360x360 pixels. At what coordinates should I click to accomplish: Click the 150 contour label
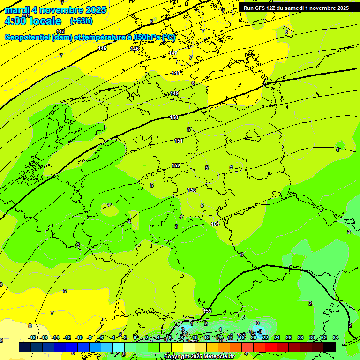tap(174, 117)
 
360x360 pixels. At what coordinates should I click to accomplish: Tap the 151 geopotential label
tap(179, 141)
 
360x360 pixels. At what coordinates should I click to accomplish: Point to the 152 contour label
tap(176, 165)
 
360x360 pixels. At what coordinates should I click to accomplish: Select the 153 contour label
tap(192, 190)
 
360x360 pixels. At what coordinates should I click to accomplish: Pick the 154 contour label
tap(215, 224)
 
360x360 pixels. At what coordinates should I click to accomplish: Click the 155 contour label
tap(207, 311)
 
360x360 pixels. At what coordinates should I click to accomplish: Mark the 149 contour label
tap(174, 94)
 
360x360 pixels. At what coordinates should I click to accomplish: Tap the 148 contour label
tap(176, 73)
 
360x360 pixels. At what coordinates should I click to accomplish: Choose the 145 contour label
tap(102, 49)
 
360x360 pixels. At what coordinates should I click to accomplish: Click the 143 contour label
tap(60, 31)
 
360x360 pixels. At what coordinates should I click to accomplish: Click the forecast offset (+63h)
tap(81, 21)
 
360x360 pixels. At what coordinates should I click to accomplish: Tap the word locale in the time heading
tap(45, 21)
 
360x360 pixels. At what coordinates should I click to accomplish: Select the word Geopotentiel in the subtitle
tap(27, 37)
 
